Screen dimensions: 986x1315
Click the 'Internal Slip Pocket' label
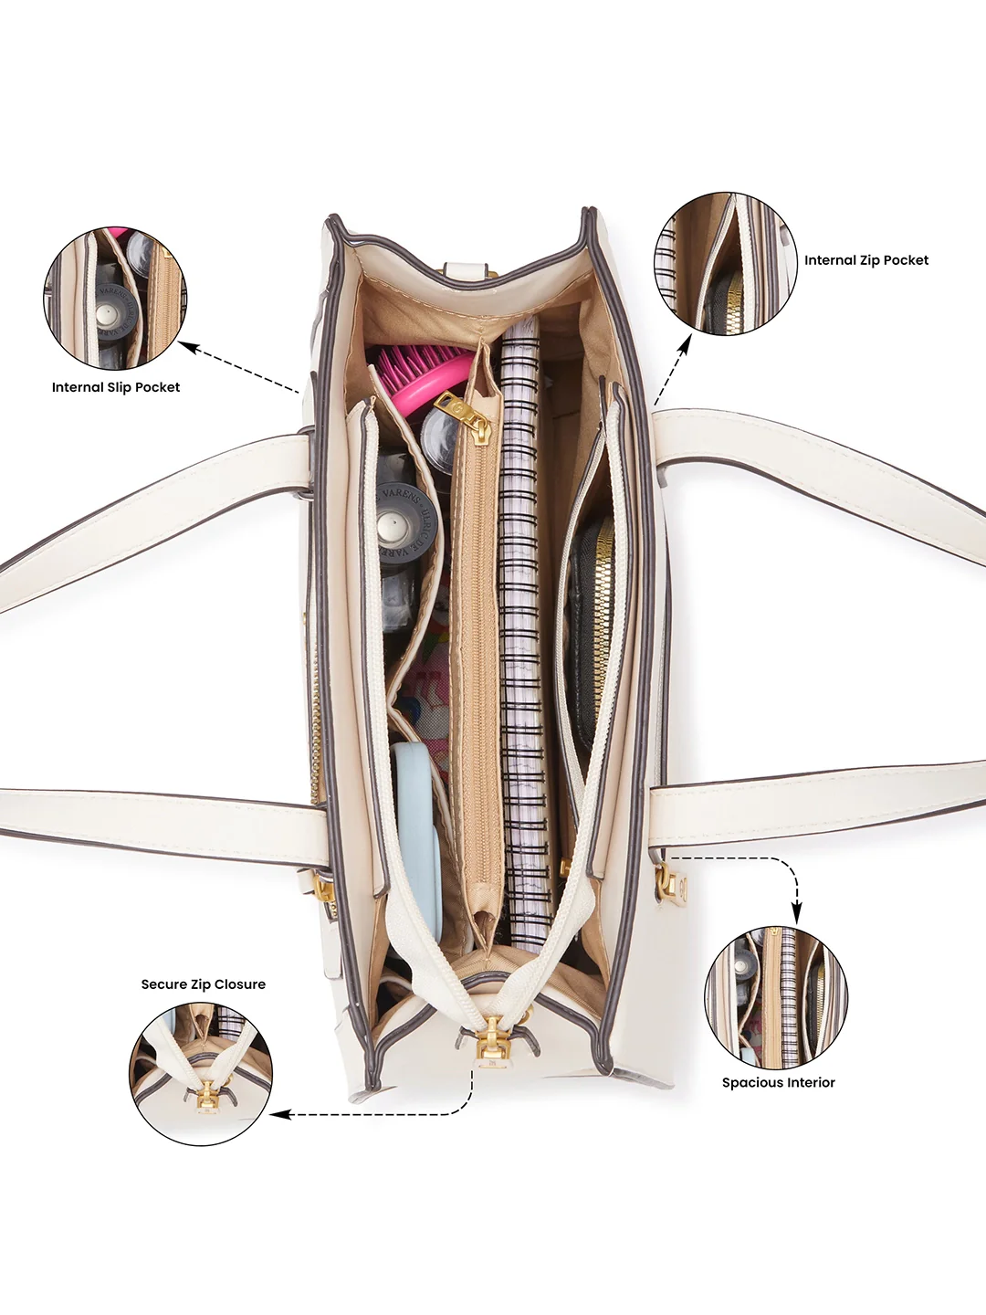116,387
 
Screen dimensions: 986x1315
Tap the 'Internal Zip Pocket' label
866,260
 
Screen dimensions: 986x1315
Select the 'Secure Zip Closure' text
203,984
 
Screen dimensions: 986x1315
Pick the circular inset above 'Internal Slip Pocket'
115,298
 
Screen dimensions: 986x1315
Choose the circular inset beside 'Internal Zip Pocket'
726,264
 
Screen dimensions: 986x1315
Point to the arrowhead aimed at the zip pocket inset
687,342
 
